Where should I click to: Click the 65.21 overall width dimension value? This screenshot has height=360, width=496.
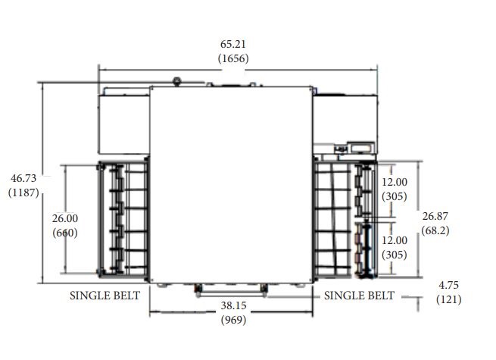coord(232,44)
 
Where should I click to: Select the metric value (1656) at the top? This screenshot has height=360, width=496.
coord(233,58)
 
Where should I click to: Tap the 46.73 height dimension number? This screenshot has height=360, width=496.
coord(23,178)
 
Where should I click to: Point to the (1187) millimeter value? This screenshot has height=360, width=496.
coord(23,193)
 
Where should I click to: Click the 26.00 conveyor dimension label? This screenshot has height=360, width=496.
coord(65,218)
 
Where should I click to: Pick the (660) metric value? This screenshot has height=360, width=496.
coord(65,233)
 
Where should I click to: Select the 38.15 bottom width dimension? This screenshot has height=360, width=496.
coord(233,305)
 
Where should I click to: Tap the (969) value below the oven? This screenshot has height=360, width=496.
coord(233,320)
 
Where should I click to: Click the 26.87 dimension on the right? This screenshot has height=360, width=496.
coord(435,216)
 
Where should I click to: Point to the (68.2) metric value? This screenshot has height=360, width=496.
coord(435,230)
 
